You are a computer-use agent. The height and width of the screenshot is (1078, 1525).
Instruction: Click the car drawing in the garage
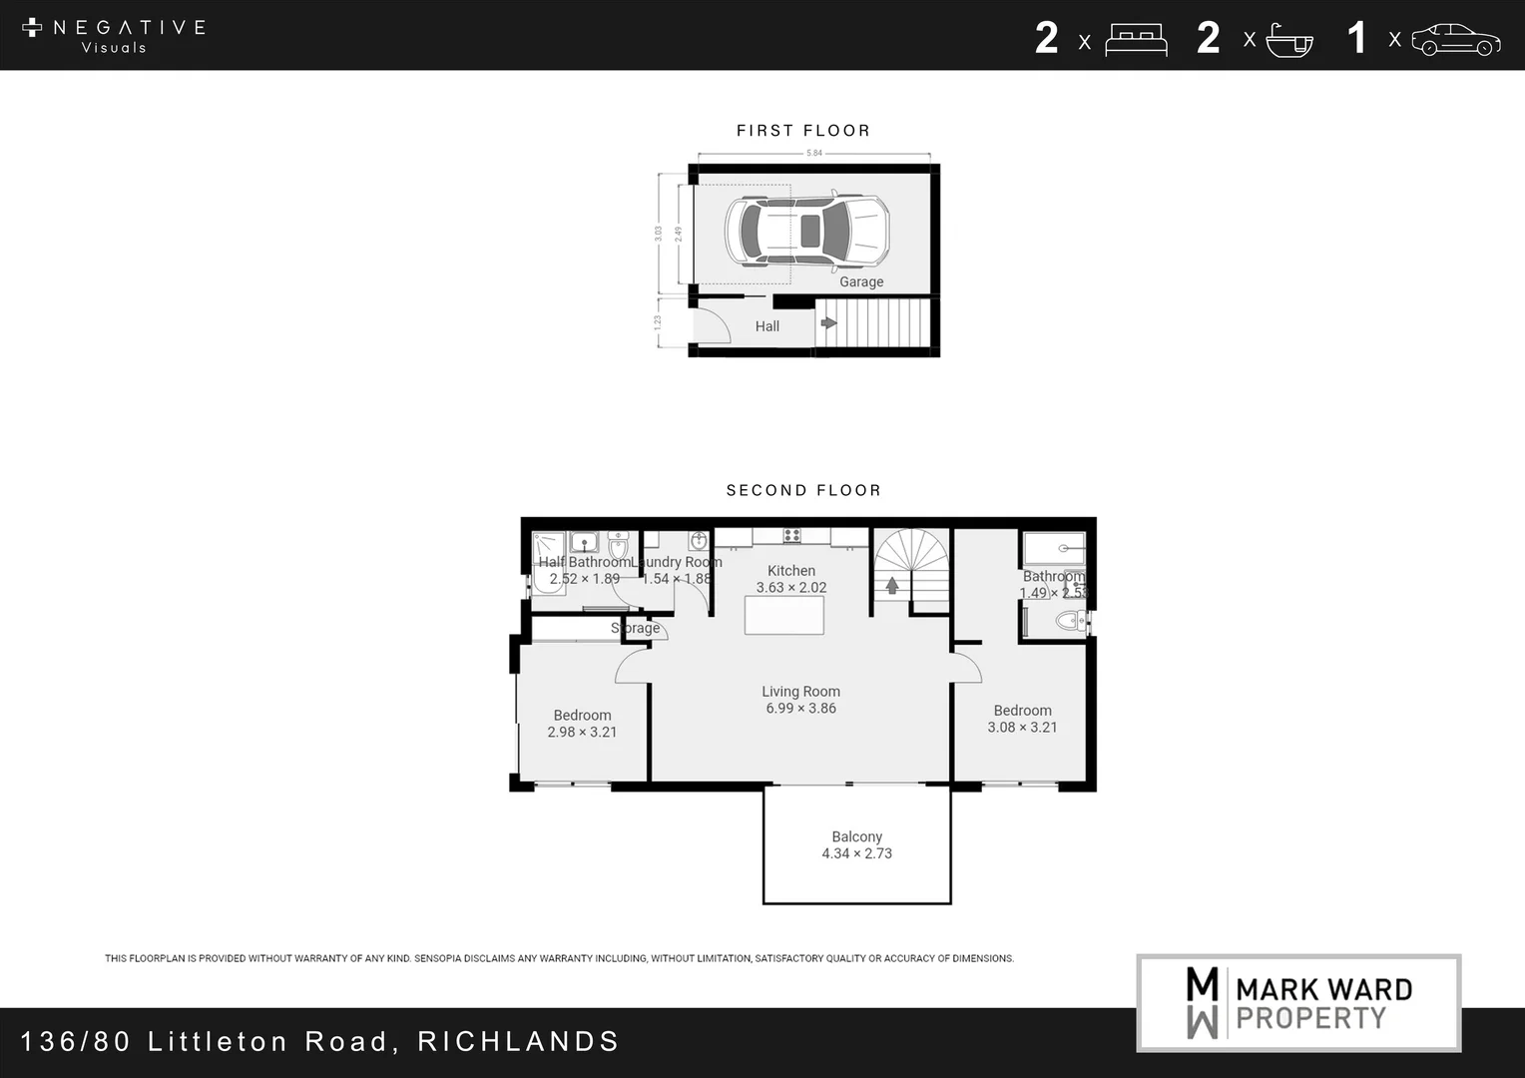coord(806,231)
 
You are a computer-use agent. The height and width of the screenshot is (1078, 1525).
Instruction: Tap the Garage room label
coord(861,281)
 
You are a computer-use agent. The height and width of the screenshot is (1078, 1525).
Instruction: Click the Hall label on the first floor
coord(766,326)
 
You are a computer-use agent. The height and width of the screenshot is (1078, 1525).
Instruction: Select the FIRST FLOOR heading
coord(803,131)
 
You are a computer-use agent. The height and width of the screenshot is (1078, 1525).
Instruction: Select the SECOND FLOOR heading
coord(803,490)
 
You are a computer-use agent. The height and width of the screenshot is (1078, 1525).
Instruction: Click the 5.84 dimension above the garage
coord(814,153)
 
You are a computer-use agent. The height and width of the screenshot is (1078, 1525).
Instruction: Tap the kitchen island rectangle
coord(784,615)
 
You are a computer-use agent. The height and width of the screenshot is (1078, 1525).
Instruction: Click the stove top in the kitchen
coord(791,535)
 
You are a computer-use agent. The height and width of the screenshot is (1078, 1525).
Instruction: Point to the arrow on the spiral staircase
coord(892,585)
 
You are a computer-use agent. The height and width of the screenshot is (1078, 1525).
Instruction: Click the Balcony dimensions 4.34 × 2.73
coord(856,853)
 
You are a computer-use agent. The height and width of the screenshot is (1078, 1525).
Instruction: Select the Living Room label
coord(800,691)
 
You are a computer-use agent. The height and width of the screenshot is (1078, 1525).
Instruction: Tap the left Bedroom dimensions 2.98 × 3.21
coord(582,732)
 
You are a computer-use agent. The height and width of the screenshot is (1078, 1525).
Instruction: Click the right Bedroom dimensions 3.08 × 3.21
coord(1022,727)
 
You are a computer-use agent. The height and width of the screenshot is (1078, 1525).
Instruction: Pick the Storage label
coord(636,628)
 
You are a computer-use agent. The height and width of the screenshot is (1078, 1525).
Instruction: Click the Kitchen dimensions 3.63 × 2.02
coord(791,587)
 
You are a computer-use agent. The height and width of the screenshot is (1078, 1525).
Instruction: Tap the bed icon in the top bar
coord(1136,41)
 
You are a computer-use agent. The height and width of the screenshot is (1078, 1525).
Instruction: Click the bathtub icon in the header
coord(1289,41)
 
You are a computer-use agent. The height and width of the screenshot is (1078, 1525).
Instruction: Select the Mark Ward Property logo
coord(1298,1002)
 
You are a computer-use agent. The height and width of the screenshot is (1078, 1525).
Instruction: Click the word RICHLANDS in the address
coord(519,1041)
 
